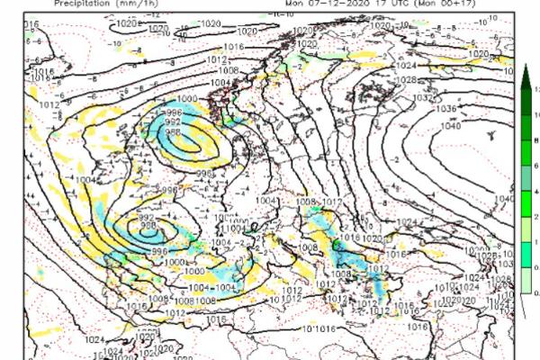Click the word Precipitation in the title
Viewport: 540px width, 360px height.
click(x=78, y=3)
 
